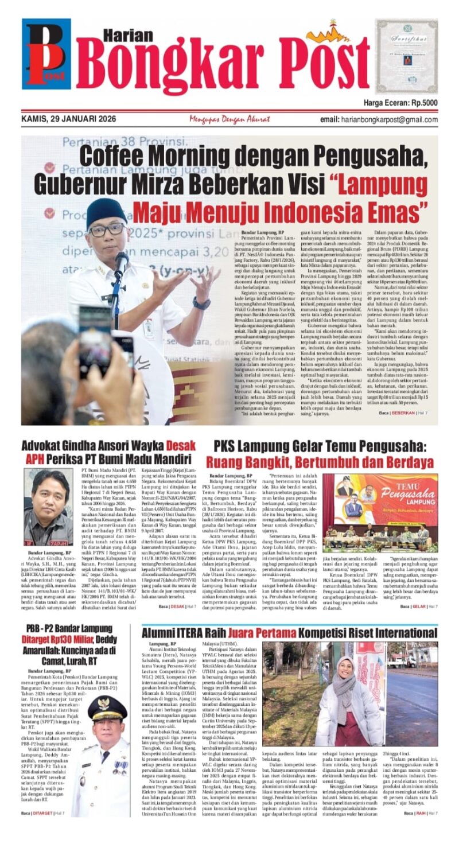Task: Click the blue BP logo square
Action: (46, 53)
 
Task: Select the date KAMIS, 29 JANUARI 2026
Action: (68, 119)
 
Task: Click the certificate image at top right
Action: (406, 56)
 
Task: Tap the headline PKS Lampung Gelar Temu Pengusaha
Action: (321, 446)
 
